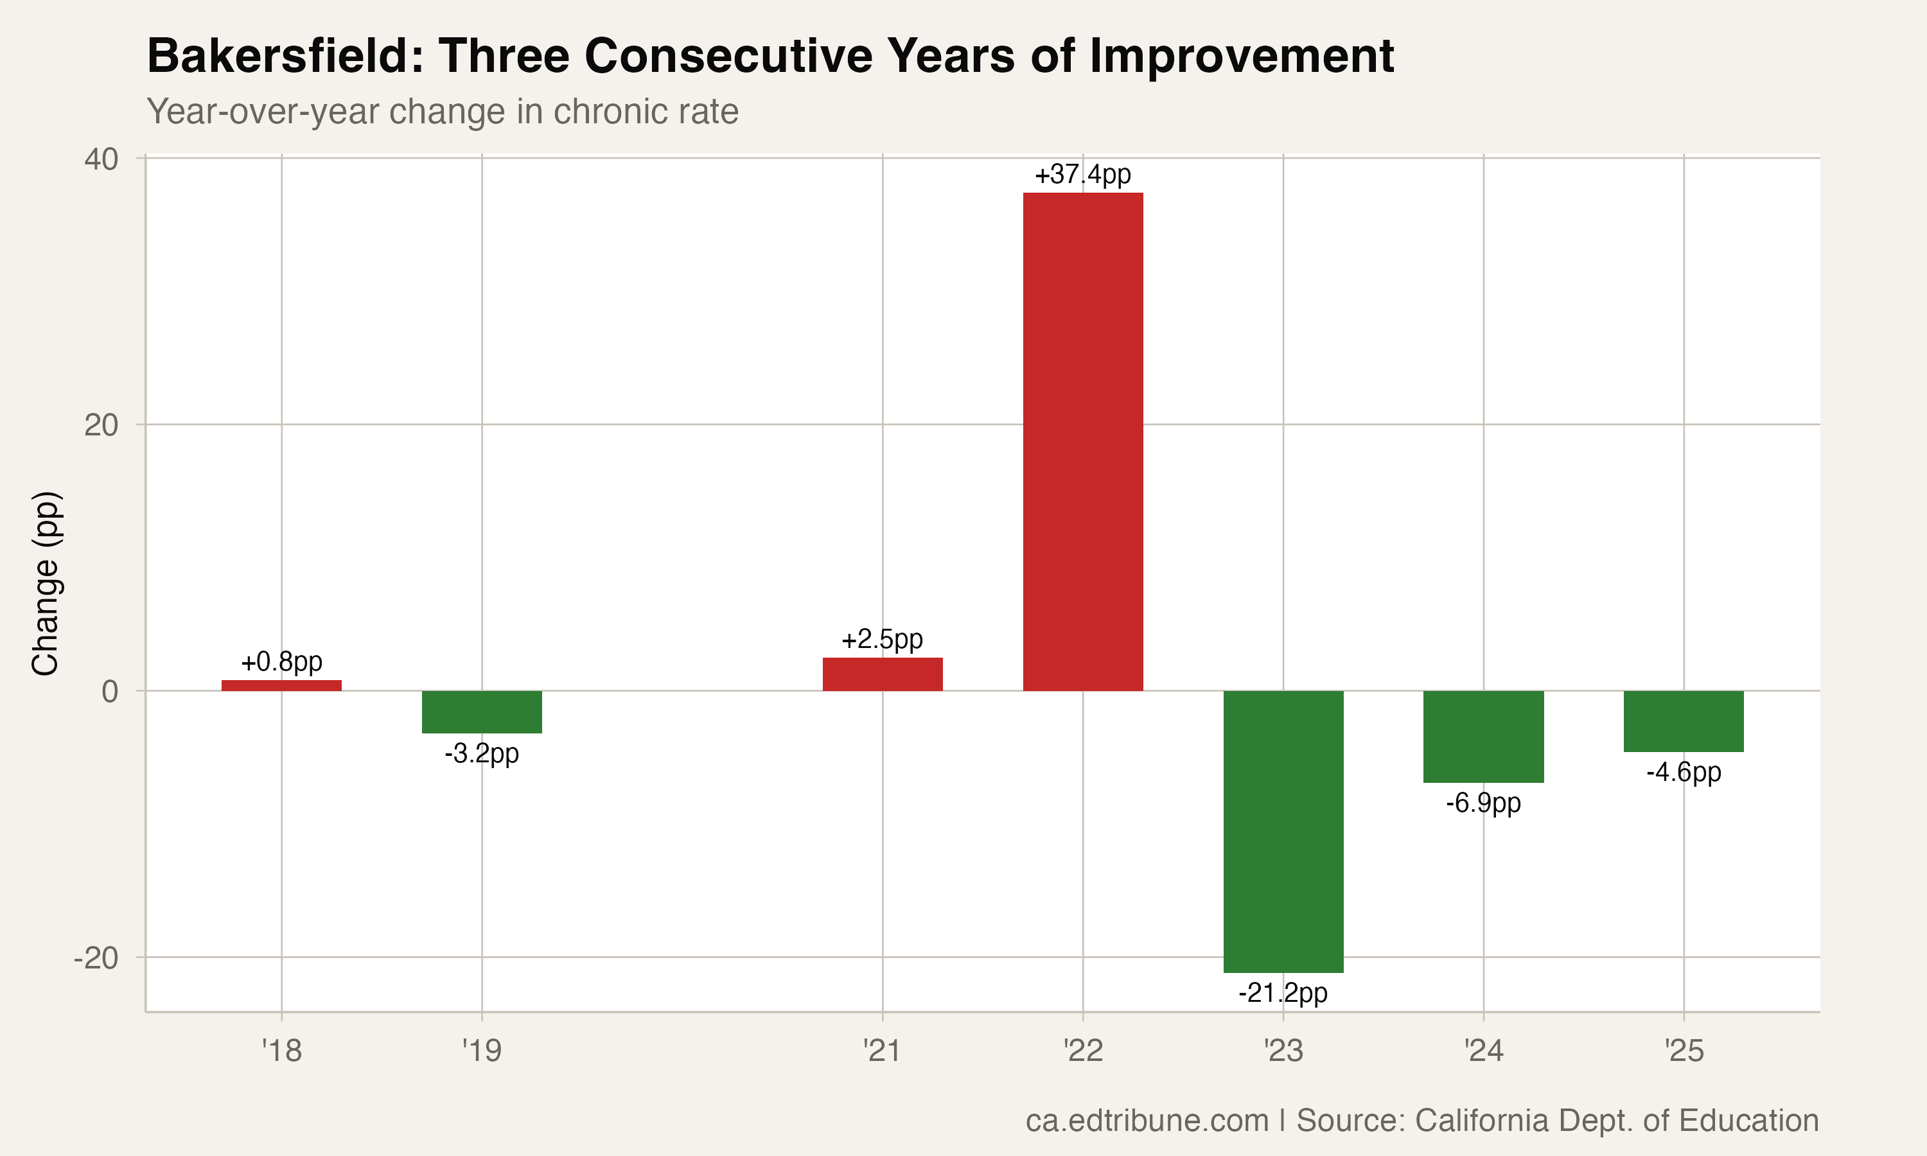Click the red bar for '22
pyautogui.click(x=1083, y=441)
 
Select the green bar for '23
pyautogui.click(x=1283, y=831)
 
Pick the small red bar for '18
pyautogui.click(x=281, y=685)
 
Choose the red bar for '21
pyautogui.click(x=883, y=674)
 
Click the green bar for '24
pyautogui.click(x=1483, y=736)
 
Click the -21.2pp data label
pyautogui.click(x=1283, y=992)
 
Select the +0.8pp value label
pyautogui.click(x=281, y=662)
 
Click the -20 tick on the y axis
pyautogui.click(x=96, y=958)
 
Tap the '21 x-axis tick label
pyautogui.click(x=882, y=1051)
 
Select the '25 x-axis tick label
pyautogui.click(x=1684, y=1051)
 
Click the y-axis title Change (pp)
pyautogui.click(x=45, y=582)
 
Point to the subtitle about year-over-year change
pyautogui.click(x=443, y=111)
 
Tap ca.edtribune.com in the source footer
pyautogui.click(x=1147, y=1120)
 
